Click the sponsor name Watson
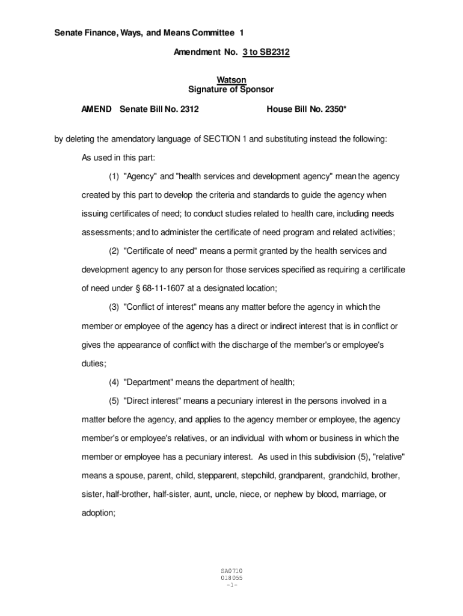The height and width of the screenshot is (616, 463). (x=231, y=80)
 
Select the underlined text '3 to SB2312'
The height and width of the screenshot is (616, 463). (x=266, y=52)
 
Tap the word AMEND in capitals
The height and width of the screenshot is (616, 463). (x=96, y=109)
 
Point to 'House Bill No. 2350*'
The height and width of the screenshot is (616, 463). (x=306, y=109)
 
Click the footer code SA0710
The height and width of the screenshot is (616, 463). (x=231, y=570)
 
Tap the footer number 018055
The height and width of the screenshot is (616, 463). (x=231, y=577)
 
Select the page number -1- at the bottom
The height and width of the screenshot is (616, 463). (x=231, y=585)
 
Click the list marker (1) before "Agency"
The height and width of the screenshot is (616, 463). (x=114, y=177)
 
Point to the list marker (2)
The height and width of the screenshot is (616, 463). (x=114, y=251)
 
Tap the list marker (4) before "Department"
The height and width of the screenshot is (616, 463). (x=114, y=381)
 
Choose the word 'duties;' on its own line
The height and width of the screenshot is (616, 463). (x=94, y=363)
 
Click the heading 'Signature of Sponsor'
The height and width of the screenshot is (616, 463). (x=231, y=90)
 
